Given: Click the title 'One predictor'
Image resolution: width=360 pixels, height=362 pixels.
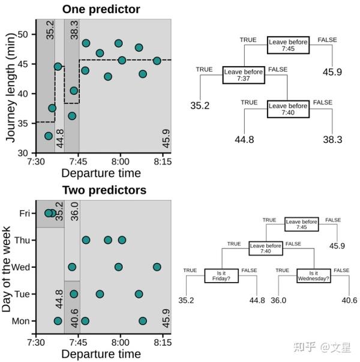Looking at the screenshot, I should [101, 9].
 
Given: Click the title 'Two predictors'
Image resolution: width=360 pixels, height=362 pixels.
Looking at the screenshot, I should [104, 190].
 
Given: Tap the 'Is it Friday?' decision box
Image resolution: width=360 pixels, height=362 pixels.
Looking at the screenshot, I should [222, 276].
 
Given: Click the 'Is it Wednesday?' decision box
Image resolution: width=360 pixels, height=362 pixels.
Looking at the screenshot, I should [314, 276].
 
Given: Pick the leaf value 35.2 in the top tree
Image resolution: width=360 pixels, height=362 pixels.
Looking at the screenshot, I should [200, 106].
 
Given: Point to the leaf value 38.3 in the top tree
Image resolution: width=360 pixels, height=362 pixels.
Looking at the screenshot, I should [332, 139].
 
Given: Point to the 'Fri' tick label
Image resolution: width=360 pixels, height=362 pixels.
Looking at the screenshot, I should [25, 213].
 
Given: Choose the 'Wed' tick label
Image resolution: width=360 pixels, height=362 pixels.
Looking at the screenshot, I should [22, 267].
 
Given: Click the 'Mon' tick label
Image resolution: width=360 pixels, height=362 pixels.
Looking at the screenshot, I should [22, 321].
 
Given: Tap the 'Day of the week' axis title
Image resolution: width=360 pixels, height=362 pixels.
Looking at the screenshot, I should [7, 269].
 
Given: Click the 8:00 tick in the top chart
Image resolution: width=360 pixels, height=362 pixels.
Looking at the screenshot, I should [120, 162].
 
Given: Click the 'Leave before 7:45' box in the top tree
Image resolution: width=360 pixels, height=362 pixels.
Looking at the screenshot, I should [289, 45].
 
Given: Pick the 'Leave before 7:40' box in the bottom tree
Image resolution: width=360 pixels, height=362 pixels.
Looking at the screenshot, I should [266, 248].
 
